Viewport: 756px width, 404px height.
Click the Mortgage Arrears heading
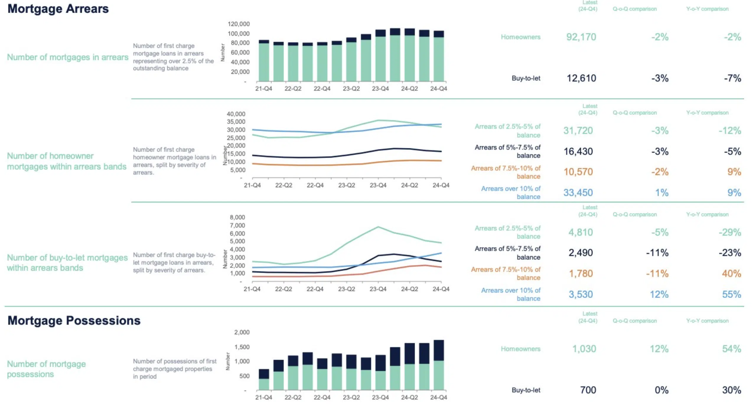pyautogui.click(x=58, y=9)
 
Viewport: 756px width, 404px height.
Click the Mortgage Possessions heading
pyautogui.click(x=74, y=321)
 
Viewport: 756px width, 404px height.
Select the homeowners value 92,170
pyautogui.click(x=581, y=37)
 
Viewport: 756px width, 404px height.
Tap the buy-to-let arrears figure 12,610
pyautogui.click(x=581, y=78)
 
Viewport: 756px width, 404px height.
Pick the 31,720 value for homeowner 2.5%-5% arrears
pyautogui.click(x=578, y=131)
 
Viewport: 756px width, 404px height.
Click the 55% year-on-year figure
pyautogui.click(x=731, y=294)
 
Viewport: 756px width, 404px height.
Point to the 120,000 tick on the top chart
pyautogui.click(x=238, y=24)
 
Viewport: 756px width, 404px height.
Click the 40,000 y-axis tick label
pyautogui.click(x=236, y=114)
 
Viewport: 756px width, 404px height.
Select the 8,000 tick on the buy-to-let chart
pyautogui.click(x=237, y=217)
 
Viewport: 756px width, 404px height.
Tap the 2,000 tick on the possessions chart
pyautogui.click(x=242, y=332)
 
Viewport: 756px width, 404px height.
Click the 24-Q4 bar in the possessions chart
pyautogui.click(x=439, y=365)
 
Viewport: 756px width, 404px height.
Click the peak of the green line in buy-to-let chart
pyautogui.click(x=378, y=227)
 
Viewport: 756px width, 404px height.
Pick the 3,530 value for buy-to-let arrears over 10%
pyautogui.click(x=581, y=294)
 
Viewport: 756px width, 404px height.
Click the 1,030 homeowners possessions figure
pyautogui.click(x=584, y=349)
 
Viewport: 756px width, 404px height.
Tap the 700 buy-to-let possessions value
pyautogui.click(x=588, y=390)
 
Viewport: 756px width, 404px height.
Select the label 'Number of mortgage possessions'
pyautogui.click(x=46, y=369)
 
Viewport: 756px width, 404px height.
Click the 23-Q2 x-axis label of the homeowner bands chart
pyautogui.click(x=346, y=185)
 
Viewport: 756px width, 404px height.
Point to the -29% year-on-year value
pyautogui.click(x=729, y=232)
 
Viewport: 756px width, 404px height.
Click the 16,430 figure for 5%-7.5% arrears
pyautogui.click(x=578, y=152)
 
